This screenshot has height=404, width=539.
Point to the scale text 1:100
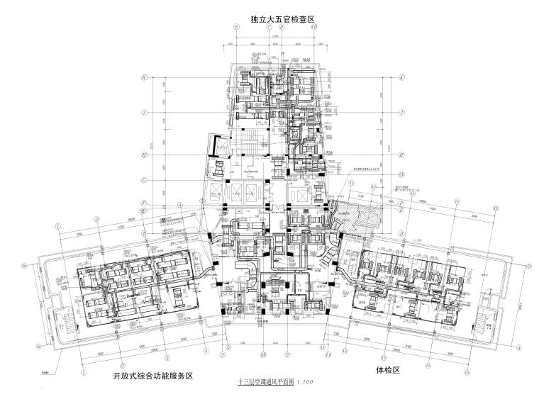[x=306, y=383]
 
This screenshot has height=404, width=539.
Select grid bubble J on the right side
[x=401, y=112]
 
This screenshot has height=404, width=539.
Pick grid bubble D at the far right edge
[x=529, y=265]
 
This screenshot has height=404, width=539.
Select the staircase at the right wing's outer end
[x=486, y=319]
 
